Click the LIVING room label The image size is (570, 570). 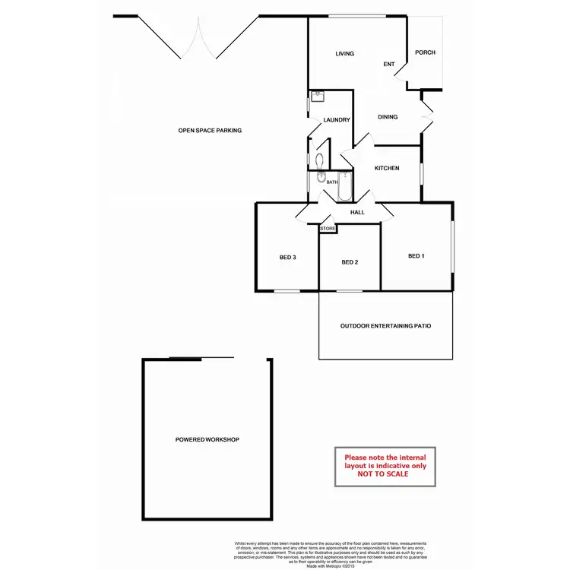tap(345, 53)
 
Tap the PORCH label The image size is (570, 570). tap(426, 52)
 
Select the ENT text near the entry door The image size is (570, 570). tap(389, 65)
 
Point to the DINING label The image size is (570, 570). tap(388, 117)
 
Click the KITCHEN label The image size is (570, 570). tap(387, 168)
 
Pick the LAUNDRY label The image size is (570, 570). tap(336, 120)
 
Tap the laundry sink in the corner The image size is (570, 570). tap(316, 97)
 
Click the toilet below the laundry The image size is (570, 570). tap(320, 160)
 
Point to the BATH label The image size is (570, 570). tap(331, 182)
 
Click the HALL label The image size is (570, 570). tap(358, 213)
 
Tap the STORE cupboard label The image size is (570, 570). tap(328, 228)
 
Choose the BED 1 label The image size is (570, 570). tap(416, 256)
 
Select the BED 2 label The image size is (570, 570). tap(349, 263)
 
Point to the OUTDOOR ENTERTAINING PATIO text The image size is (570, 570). tap(385, 326)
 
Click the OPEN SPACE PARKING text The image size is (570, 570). tap(210, 131)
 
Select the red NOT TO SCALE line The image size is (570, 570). tap(385, 473)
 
